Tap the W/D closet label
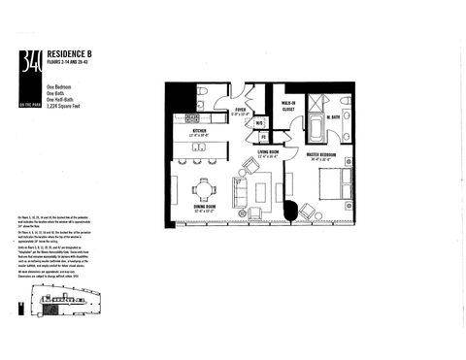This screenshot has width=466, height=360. coord(259,123)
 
